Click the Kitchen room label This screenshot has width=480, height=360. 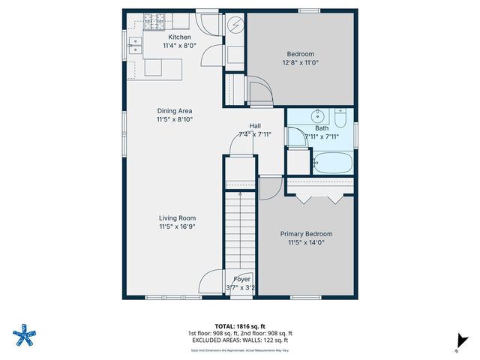[x=179, y=37]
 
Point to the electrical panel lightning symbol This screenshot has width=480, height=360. [x=235, y=25]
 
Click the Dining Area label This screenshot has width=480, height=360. [x=174, y=111]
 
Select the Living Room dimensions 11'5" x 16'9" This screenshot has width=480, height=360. [x=178, y=226]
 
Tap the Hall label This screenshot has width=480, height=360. [x=255, y=126]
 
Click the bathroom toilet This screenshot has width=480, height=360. [x=341, y=119]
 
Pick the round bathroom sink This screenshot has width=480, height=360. [x=318, y=115]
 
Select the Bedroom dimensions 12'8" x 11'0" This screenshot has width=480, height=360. [x=300, y=63]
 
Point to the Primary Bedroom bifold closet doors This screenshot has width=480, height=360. [x=322, y=198]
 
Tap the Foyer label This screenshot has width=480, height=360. [x=241, y=279]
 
